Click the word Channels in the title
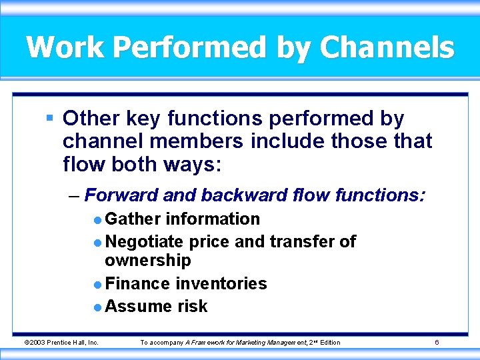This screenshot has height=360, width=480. (387, 48)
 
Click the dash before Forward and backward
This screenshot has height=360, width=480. (73, 196)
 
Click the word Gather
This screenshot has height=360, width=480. (133, 219)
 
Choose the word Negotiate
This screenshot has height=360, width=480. (145, 241)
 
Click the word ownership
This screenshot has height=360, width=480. (147, 260)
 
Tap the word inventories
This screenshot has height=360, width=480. (221, 283)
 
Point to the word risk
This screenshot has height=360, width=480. (192, 306)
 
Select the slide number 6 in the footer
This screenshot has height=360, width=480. (436, 343)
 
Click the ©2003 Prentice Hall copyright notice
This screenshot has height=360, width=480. (61, 343)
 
